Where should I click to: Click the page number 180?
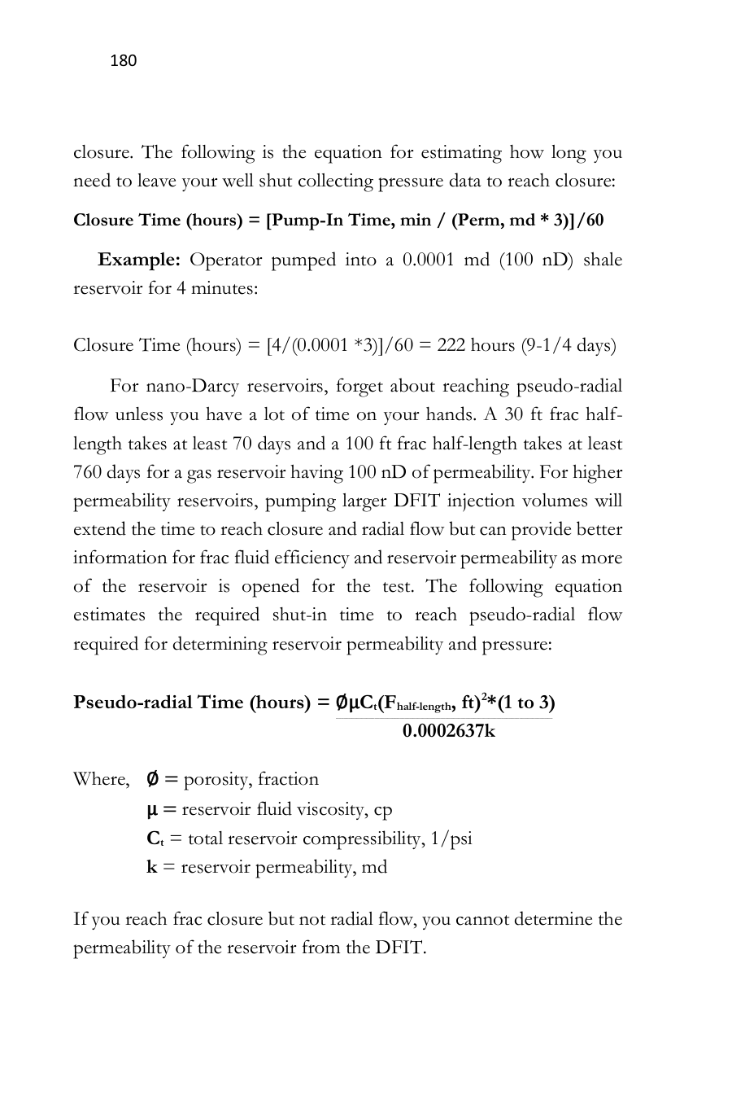tap(123, 61)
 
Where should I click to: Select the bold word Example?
tap(139, 261)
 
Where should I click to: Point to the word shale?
tap(603, 261)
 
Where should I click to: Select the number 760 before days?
tap(86, 472)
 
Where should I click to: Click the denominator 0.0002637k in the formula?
tap(448, 731)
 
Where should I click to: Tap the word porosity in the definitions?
tap(217, 779)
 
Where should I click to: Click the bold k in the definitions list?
tap(152, 867)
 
